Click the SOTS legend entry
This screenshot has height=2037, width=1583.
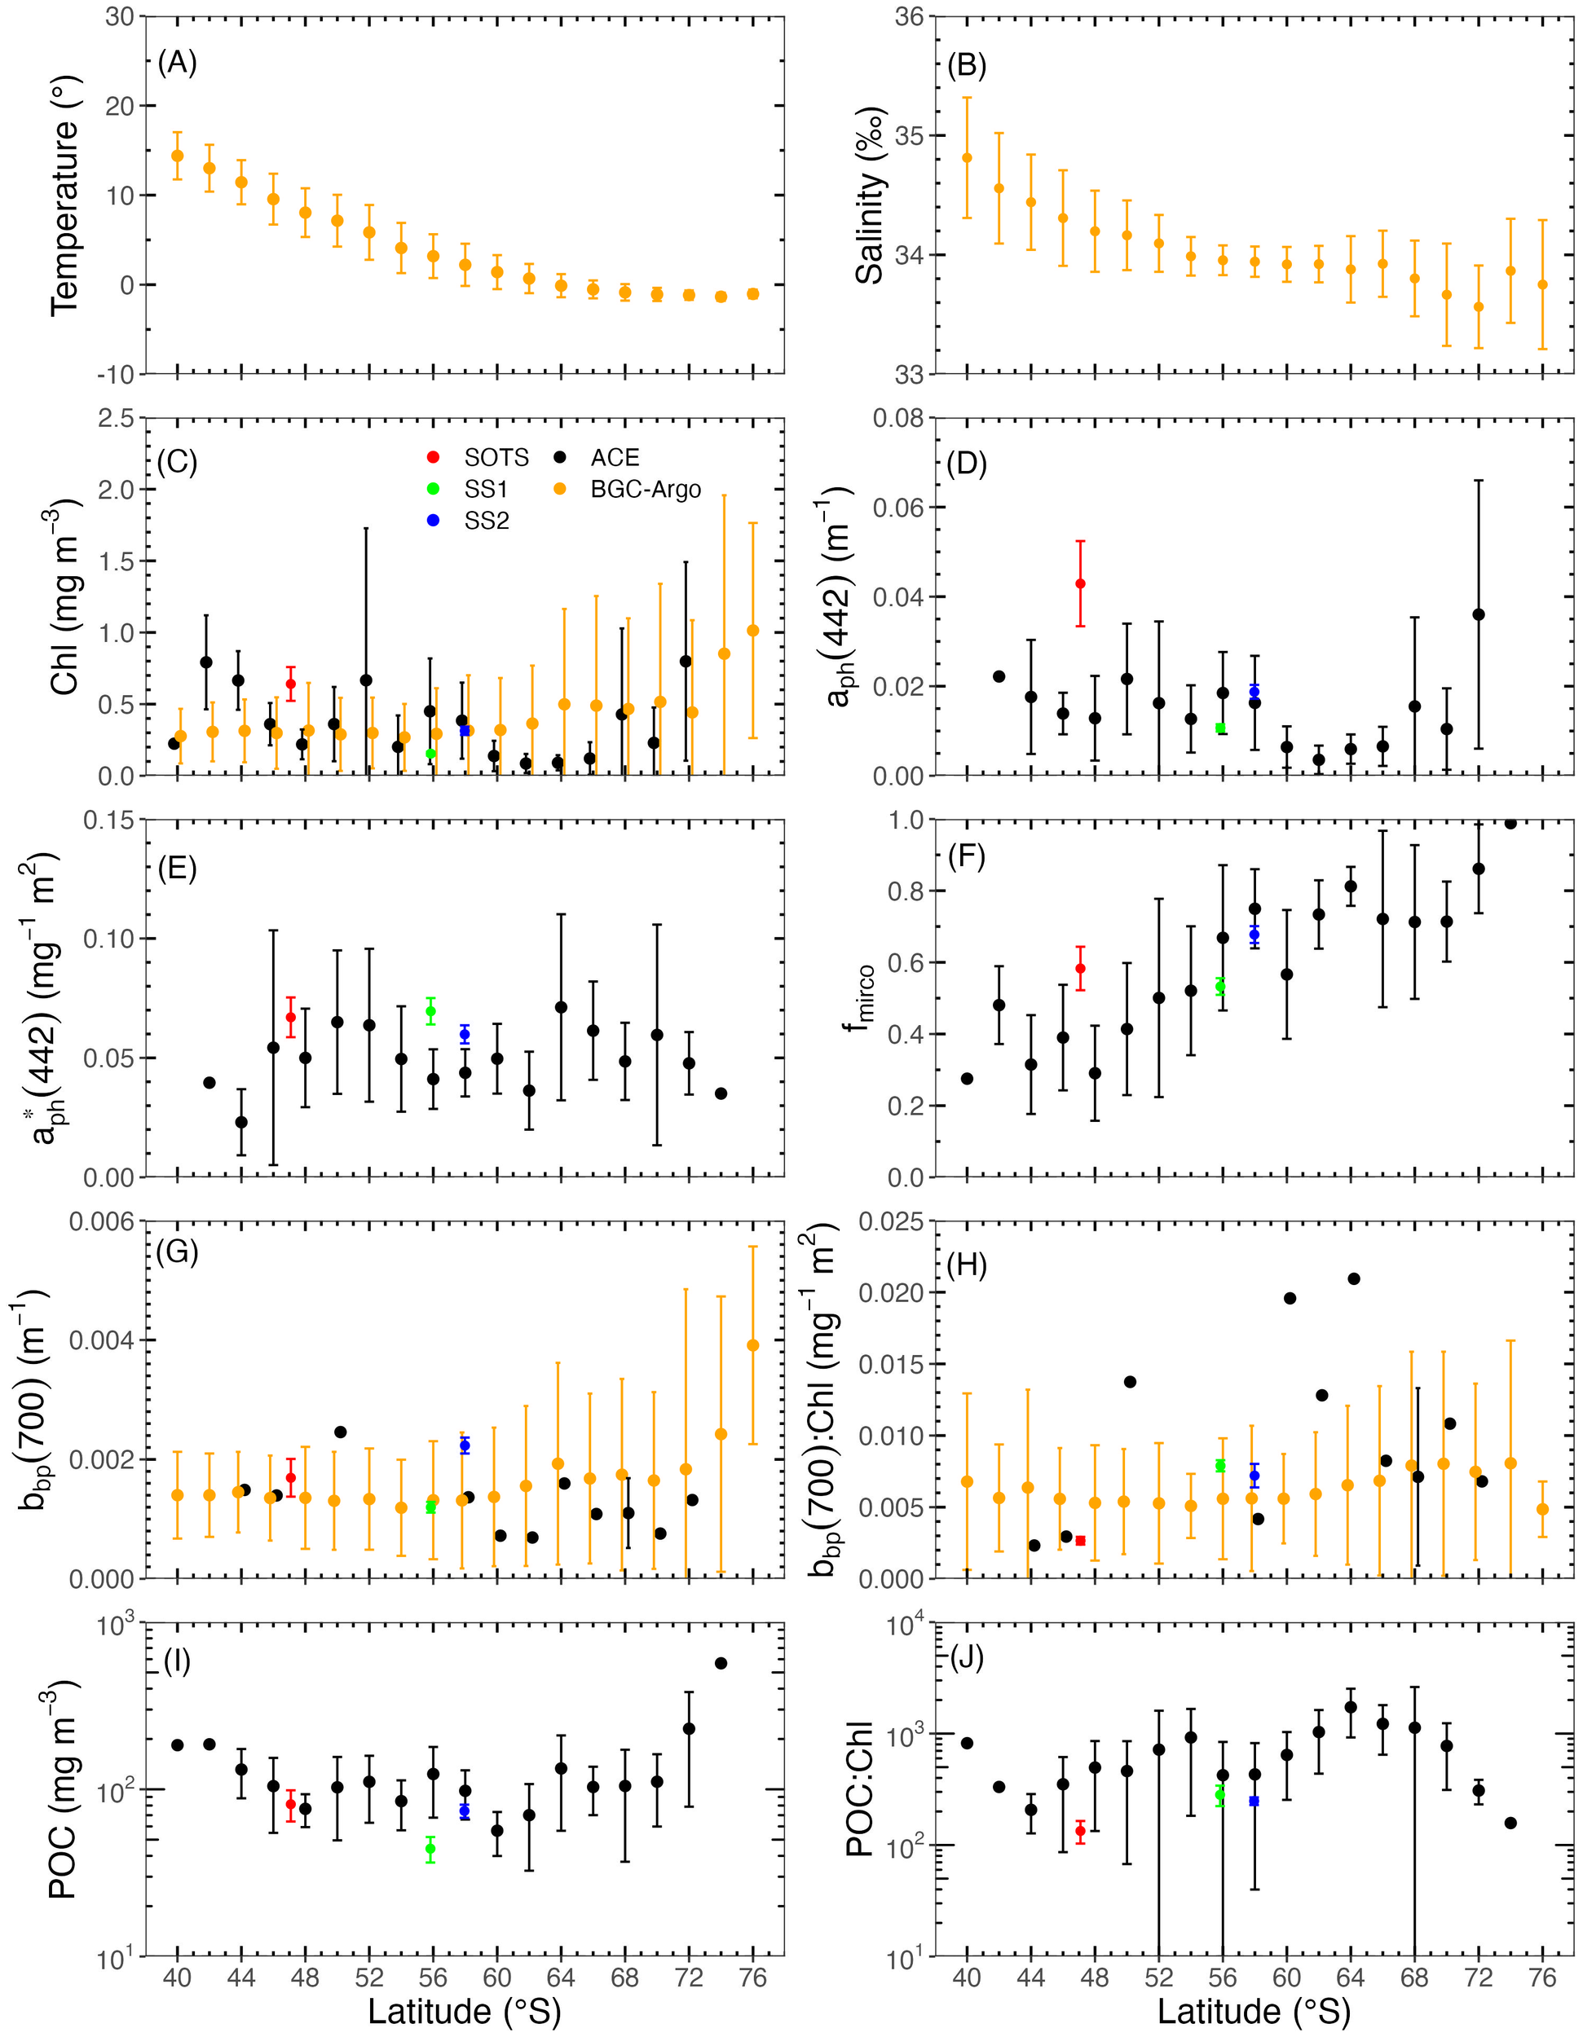click(496, 457)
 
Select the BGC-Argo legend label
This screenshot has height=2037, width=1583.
click(646, 489)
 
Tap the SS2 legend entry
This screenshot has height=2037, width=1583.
click(486, 521)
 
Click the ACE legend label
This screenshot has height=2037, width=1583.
click(615, 457)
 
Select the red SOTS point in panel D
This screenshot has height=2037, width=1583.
click(1080, 584)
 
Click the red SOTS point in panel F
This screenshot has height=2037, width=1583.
click(1080, 968)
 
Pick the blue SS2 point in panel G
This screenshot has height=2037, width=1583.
click(465, 1445)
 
